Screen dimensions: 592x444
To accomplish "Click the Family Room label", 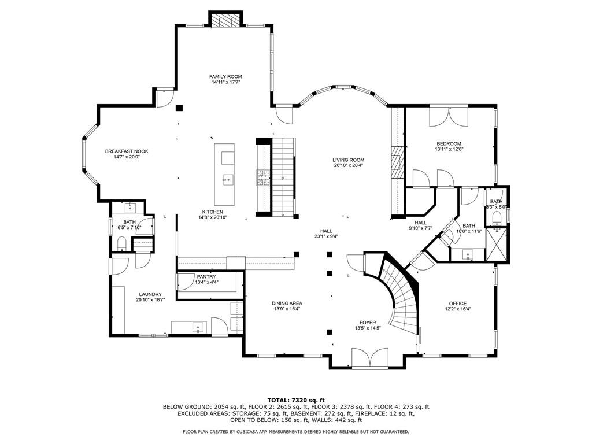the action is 226,77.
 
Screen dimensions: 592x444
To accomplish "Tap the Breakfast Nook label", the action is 127,151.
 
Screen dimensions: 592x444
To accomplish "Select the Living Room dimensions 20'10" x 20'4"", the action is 348,165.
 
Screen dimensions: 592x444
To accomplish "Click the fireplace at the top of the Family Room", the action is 225,20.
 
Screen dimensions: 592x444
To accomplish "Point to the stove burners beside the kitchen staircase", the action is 264,178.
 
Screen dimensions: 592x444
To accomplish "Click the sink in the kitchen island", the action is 228,179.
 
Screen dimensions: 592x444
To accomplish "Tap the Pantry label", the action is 206,277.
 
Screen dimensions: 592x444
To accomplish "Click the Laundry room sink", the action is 198,327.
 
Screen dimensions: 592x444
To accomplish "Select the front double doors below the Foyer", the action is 369,357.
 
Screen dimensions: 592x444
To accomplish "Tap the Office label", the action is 458,303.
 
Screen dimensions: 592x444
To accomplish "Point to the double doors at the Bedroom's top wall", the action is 449,117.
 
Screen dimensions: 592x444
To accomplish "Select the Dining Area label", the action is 287,303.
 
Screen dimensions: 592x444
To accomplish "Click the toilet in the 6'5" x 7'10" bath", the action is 121,243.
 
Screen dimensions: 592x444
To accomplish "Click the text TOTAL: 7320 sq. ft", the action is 296,400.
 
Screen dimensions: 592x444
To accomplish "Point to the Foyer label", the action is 367,323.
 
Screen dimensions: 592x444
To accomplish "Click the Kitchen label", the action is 213,212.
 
